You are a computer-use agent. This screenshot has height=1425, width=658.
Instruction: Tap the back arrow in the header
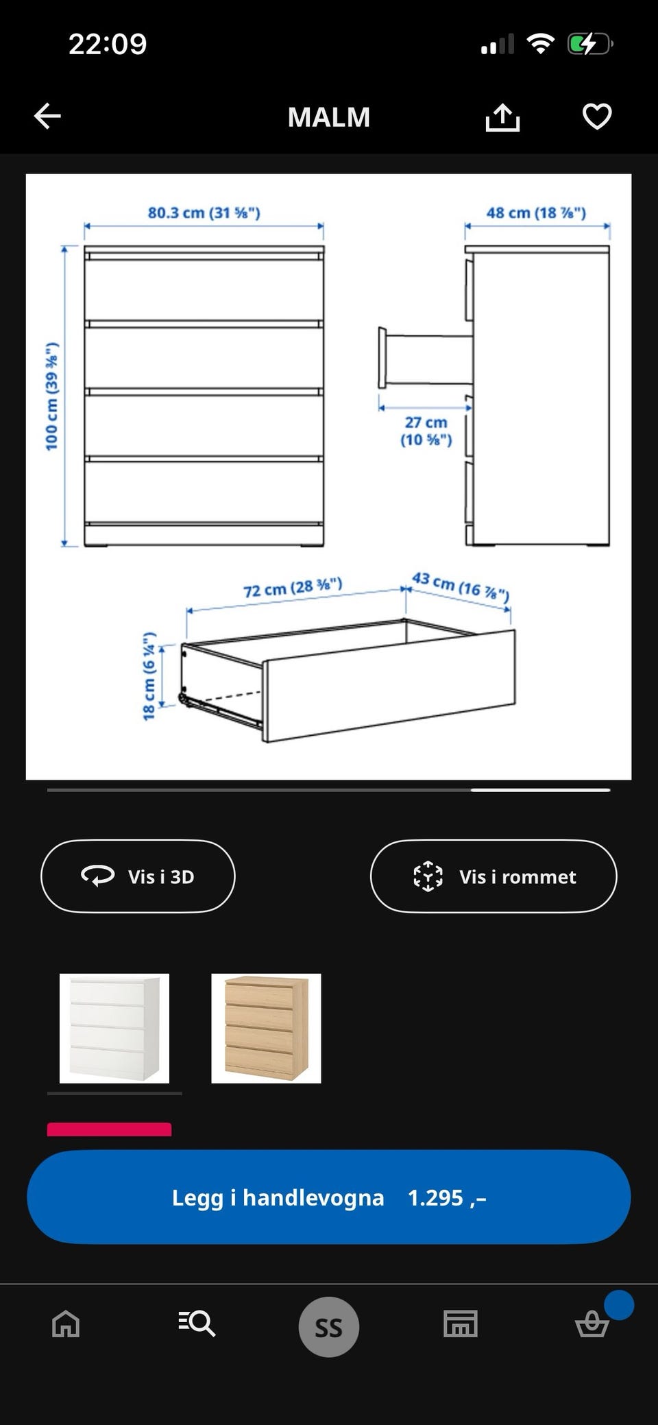47,116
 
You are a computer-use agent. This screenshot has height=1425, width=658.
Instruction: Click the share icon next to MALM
502,117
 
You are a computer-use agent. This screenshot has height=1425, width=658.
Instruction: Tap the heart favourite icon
596,116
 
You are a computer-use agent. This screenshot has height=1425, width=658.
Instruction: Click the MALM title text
329,117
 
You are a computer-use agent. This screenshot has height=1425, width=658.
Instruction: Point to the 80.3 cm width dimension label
204,213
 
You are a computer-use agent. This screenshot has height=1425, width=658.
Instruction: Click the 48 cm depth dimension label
536,213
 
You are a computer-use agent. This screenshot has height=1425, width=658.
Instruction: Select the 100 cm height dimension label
52,396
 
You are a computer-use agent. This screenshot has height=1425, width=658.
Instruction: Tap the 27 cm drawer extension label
426,431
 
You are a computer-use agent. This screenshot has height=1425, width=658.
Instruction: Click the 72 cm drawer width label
293,588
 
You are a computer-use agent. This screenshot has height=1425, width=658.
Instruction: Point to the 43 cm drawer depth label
461,586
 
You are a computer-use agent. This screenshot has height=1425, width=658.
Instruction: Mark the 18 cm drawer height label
149,676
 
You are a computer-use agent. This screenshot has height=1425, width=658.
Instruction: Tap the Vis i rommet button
493,876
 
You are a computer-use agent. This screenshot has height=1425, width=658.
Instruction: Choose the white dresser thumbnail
114,1028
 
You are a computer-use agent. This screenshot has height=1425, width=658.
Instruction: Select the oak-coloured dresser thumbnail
266,1028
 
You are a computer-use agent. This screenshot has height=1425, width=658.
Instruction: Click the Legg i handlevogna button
328,1197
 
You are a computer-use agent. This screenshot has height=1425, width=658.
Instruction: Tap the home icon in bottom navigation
66,1324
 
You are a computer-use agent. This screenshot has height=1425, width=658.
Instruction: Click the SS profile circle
328,1327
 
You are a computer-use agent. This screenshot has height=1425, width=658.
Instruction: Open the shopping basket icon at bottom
592,1324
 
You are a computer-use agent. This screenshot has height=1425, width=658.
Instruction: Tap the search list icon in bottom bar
197,1323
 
